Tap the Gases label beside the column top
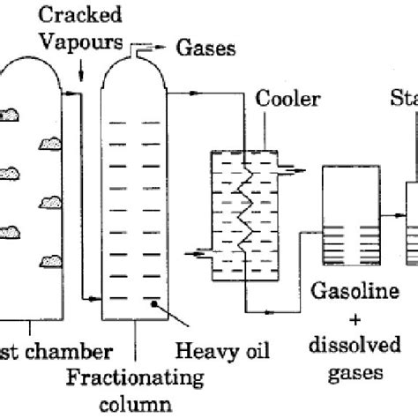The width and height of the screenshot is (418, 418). [206, 49]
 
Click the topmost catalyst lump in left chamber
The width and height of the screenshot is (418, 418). [15, 114]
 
